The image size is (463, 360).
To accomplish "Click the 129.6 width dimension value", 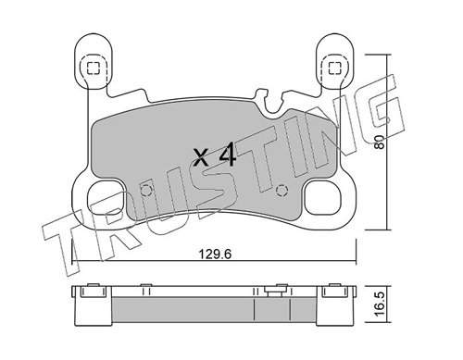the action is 215,255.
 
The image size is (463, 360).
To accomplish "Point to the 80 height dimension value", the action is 380,143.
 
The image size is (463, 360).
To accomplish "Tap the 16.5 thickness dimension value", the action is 380,304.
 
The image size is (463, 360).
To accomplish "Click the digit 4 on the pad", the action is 228,155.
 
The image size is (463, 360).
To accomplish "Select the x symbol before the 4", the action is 202,156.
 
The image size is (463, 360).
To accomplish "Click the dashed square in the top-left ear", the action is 93,68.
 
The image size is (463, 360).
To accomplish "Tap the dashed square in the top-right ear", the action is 334,68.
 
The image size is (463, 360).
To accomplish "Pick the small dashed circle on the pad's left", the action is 145,190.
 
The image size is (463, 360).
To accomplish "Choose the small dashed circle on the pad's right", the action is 282,191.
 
